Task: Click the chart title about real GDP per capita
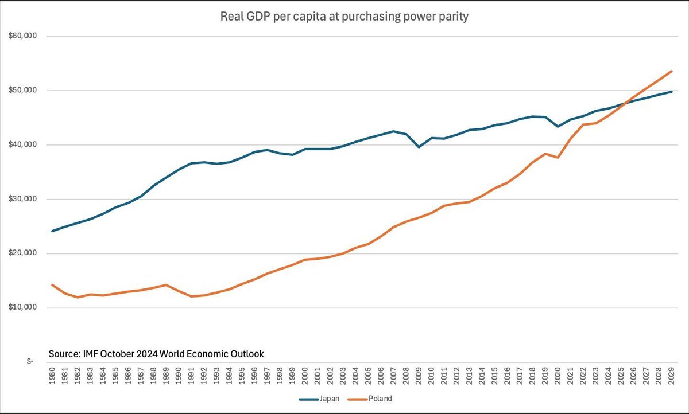(344, 17)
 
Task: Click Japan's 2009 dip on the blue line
(419, 147)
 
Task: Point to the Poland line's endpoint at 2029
(672, 71)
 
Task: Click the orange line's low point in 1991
(192, 296)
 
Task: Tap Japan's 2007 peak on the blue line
(393, 131)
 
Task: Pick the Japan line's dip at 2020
(558, 127)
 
